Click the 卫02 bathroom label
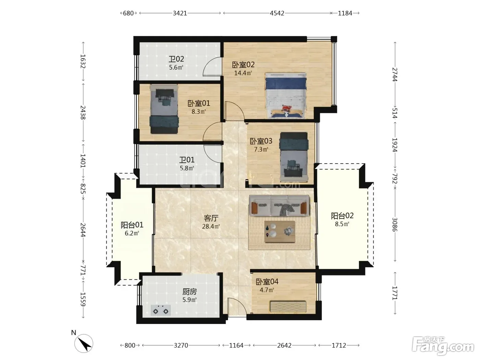click(x=176, y=59)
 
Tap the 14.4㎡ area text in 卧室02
click(x=243, y=73)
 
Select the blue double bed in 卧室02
click(x=286, y=96)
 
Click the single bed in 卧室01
click(x=164, y=109)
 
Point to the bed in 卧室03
click(x=294, y=157)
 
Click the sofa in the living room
click(x=279, y=206)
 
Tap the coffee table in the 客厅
click(x=280, y=231)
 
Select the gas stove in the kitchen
click(x=160, y=310)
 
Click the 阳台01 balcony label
click(x=132, y=225)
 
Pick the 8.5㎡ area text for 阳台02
click(x=342, y=224)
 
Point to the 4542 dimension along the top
click(x=277, y=13)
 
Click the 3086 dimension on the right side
click(x=395, y=224)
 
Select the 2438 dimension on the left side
click(x=83, y=112)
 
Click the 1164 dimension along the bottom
click(x=236, y=345)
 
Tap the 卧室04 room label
click(x=267, y=282)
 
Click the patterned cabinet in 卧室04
click(x=288, y=307)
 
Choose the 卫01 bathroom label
click(x=187, y=160)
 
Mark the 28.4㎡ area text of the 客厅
click(x=211, y=226)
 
